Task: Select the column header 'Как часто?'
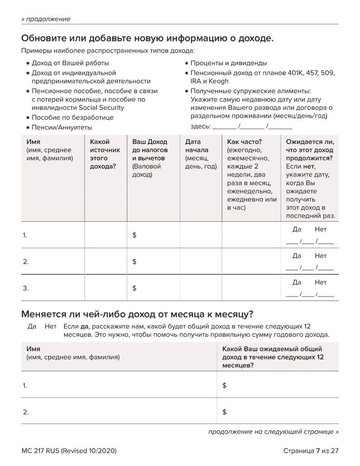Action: [244, 142]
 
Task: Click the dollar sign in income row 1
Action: [134, 235]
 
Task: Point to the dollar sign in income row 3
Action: [134, 288]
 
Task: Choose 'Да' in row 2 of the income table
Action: [297, 256]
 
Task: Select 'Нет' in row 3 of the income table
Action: [321, 283]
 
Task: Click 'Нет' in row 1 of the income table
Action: [321, 230]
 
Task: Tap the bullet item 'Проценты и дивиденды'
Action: [229, 63]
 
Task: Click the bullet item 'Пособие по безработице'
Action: [72, 117]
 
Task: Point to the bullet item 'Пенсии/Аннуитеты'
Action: [62, 128]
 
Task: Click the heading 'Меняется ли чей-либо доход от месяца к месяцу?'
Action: [137, 314]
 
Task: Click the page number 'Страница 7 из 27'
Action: [310, 451]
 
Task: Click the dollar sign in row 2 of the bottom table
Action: [224, 412]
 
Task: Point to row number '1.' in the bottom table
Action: [25, 386]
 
